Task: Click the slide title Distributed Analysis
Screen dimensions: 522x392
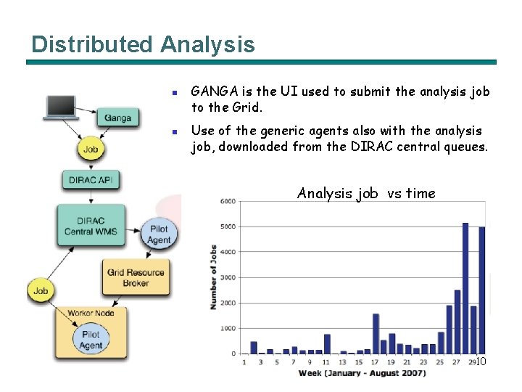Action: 143,44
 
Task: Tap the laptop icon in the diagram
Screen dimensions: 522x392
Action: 62,107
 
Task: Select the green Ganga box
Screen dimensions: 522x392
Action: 117,117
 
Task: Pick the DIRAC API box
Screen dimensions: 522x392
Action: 91,180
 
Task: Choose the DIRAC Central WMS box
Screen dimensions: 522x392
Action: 90,225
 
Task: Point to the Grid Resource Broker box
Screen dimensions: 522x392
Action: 136,277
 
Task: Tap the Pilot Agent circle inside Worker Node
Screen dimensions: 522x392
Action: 91,340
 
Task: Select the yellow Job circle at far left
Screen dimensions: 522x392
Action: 41,290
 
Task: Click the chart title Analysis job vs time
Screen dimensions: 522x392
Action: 366,193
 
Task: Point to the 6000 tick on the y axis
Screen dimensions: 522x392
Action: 228,201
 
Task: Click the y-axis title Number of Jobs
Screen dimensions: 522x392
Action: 214,276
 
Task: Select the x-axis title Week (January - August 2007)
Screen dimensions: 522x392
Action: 362,373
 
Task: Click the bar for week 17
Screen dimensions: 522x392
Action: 376,333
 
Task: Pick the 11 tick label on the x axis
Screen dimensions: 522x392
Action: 326,362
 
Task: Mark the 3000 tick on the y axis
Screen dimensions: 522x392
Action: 228,277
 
